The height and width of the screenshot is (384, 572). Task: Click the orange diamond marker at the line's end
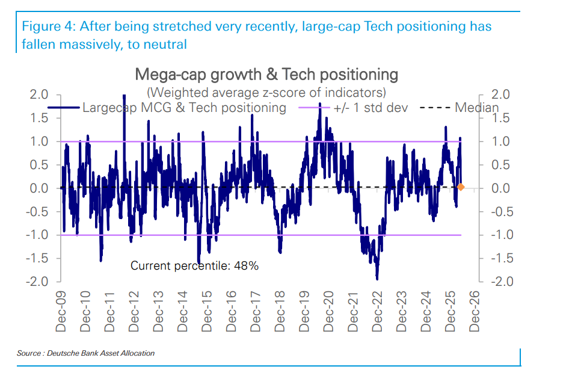pos(461,187)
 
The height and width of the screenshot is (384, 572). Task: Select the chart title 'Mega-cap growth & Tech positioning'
pos(266,75)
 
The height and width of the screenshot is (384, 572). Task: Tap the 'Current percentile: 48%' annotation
pos(194,265)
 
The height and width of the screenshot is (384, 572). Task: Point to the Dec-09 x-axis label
pos(61,311)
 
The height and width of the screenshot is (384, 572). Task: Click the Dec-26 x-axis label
pos(474,311)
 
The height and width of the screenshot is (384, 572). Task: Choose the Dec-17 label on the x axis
pos(256,311)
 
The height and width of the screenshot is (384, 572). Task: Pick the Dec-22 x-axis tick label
pos(377,311)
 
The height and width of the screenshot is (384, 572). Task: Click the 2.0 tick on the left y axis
pos(39,94)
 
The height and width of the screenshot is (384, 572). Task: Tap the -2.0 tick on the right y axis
pos(502,282)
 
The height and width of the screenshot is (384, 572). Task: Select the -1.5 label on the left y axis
pos(37,258)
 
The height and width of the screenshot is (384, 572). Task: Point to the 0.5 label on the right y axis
pos(500,165)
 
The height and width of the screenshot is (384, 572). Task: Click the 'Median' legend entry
pos(477,108)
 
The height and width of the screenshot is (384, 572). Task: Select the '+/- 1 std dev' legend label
pos(371,108)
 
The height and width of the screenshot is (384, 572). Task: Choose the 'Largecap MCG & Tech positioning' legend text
pos(184,108)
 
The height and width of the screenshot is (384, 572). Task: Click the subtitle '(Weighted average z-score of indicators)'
pos(266,92)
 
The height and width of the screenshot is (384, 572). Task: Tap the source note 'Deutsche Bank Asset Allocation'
pos(100,353)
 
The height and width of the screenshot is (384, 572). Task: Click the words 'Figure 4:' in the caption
pos(48,26)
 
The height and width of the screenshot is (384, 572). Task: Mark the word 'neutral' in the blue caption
pos(165,45)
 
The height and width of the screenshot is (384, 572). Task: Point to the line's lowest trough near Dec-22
pos(377,279)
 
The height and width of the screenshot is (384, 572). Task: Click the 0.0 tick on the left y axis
pos(39,188)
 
